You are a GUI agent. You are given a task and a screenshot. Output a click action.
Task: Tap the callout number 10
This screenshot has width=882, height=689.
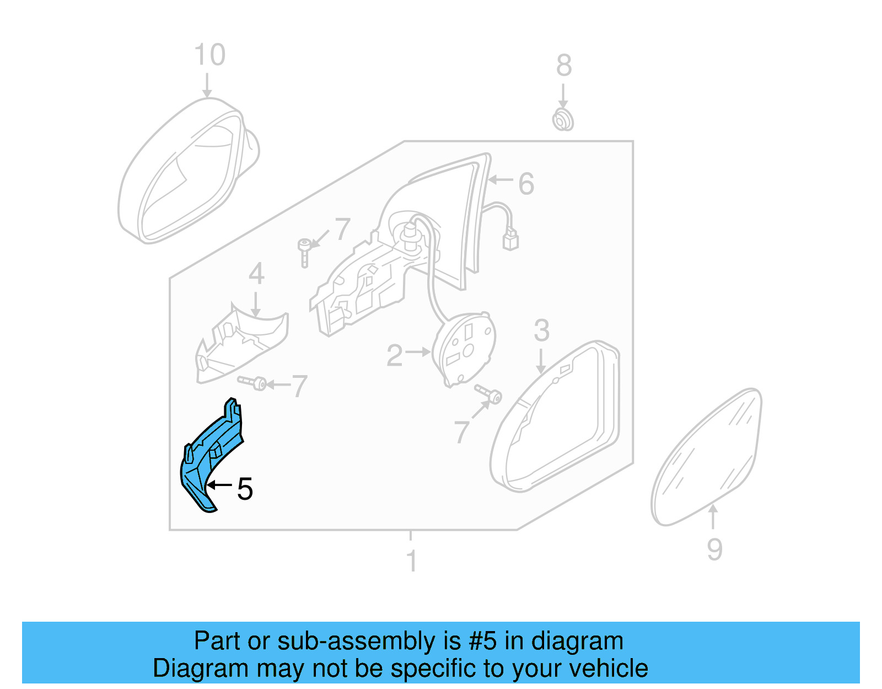pyautogui.click(x=209, y=55)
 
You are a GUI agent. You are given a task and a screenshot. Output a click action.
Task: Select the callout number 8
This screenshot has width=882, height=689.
pyautogui.click(x=563, y=66)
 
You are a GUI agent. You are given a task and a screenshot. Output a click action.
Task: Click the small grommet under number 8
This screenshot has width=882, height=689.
pyautogui.click(x=563, y=120)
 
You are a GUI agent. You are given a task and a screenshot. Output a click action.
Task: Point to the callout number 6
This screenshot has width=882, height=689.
pyautogui.click(x=526, y=184)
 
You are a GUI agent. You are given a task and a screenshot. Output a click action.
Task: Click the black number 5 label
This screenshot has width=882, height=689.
pyautogui.click(x=245, y=489)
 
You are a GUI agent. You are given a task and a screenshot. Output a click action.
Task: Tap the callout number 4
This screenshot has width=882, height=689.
pyautogui.click(x=256, y=274)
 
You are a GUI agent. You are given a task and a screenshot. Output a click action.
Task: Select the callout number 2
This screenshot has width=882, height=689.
pyautogui.click(x=394, y=356)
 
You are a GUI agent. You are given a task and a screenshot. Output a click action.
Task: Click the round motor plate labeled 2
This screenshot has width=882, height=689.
pyautogui.click(x=465, y=348)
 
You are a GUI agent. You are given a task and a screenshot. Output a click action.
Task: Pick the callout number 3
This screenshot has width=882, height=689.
pyautogui.click(x=541, y=330)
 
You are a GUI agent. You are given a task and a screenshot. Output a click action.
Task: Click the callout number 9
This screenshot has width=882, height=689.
pyautogui.click(x=714, y=549)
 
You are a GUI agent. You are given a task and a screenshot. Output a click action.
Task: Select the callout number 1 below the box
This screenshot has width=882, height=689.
pyautogui.click(x=411, y=562)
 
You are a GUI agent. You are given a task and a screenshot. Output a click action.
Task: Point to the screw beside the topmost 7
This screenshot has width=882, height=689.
pyautogui.click(x=304, y=251)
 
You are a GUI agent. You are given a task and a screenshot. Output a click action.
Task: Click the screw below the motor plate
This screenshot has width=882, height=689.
pyautogui.click(x=490, y=394)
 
